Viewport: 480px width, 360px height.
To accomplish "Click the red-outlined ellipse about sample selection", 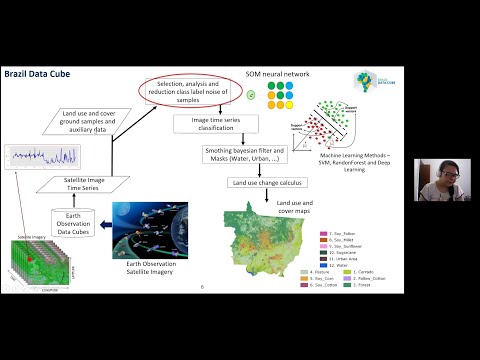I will [x=190, y=90].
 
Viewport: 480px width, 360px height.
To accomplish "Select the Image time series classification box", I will [x=216, y=124].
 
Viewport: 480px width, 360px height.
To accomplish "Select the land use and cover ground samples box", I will [x=94, y=122].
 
